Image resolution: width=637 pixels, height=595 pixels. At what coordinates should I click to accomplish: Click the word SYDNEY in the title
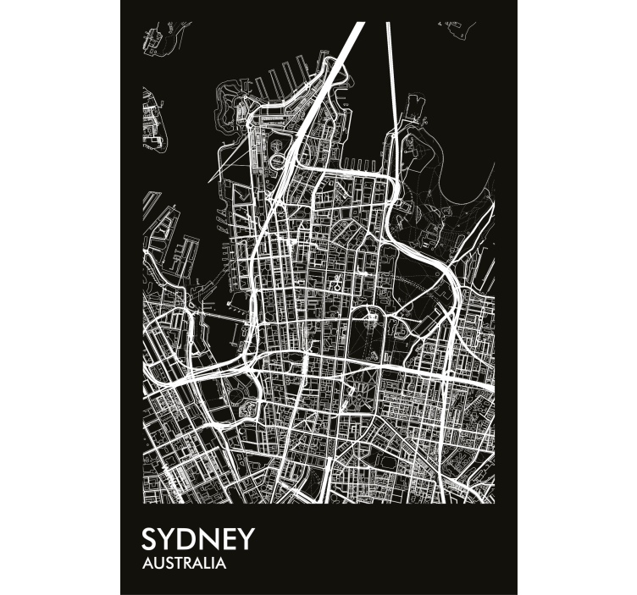click(198, 541)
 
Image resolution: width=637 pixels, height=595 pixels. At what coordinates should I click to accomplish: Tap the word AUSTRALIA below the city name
click(184, 563)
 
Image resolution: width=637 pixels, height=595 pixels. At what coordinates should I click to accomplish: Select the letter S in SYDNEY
click(150, 541)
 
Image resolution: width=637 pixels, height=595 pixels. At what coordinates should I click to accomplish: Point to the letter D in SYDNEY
click(190, 541)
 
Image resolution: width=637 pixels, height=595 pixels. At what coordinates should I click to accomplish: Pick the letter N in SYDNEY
click(210, 541)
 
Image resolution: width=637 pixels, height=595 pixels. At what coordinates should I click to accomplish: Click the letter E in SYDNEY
click(229, 541)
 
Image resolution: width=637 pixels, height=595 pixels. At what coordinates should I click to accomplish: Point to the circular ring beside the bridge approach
click(280, 157)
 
